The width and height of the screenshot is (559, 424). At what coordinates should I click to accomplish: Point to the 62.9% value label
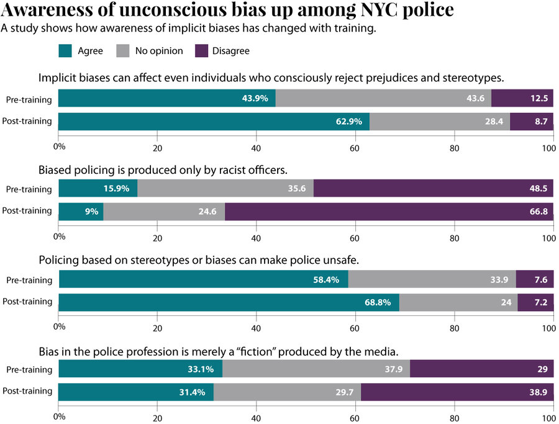[x=349, y=122]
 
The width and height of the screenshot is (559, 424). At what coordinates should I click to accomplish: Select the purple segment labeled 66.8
[x=389, y=212]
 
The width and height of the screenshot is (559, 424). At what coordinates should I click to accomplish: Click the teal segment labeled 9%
[x=81, y=212]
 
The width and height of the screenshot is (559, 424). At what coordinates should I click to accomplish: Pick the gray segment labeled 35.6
[x=225, y=189]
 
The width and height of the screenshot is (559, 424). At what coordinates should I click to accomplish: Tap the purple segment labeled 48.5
[x=433, y=189]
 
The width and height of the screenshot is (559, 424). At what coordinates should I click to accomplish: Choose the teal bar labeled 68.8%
[x=229, y=302]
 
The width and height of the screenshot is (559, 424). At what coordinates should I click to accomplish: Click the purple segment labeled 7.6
[x=534, y=280]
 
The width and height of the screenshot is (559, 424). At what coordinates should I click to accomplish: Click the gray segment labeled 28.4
[x=440, y=122]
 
